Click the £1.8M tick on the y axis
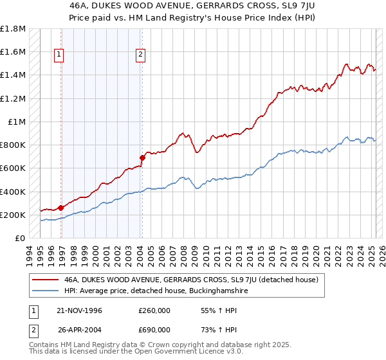pyautogui.click(x=13, y=29)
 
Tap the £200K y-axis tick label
pyautogui.click(x=13, y=215)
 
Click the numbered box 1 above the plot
pyautogui.click(x=59, y=55)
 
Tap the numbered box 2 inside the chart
pyautogui.click(x=140, y=55)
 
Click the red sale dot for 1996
pyautogui.click(x=60, y=208)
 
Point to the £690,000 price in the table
pyautogui.click(x=154, y=330)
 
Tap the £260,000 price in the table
pyautogui.click(x=154, y=310)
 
